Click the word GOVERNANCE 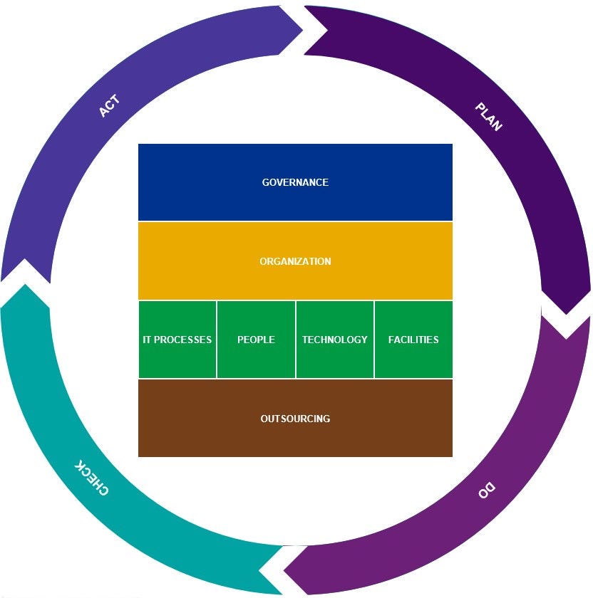[295, 182]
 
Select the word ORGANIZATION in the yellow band [295, 261]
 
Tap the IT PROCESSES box [177, 340]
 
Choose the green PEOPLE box [256, 340]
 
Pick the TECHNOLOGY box [334, 340]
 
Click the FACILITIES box [413, 340]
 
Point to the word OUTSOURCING [295, 419]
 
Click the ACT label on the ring [109, 106]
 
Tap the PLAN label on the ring [488, 117]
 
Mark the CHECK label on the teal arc [93, 478]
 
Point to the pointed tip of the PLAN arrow [567, 313]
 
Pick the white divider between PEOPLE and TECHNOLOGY [295, 340]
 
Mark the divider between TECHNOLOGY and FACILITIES [374, 340]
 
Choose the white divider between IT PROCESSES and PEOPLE [217, 340]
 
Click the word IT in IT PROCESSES [147, 340]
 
